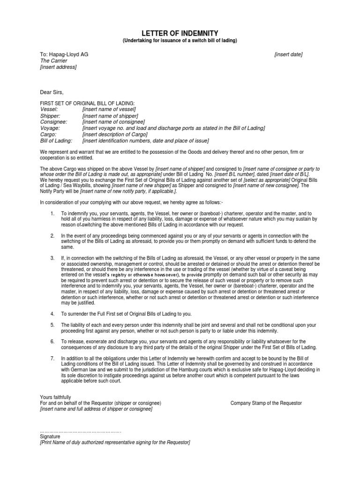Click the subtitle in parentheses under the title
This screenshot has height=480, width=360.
180,41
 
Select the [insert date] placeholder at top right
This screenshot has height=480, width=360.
288,54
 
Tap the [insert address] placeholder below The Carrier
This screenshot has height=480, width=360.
58,67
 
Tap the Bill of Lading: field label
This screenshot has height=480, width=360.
56,141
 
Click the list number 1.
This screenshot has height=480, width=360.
52,213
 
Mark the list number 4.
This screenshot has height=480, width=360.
52,314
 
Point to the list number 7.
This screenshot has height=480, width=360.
52,358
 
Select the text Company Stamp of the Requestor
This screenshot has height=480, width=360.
266,403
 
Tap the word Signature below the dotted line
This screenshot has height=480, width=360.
50,436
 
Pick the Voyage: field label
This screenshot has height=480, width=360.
50,128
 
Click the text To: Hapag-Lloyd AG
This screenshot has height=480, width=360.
64,54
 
